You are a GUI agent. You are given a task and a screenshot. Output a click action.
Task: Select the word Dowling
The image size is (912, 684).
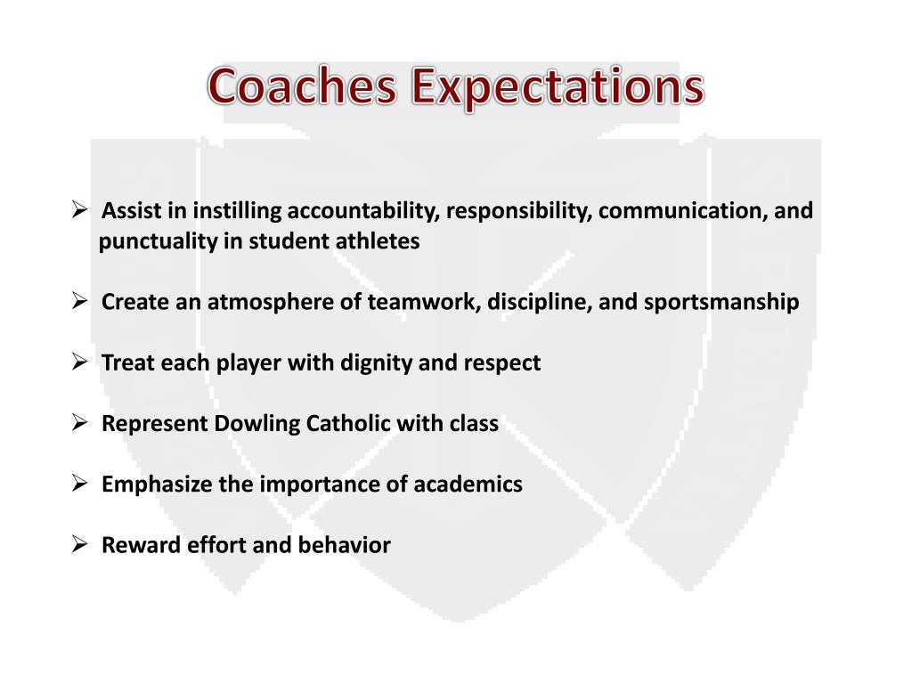[x=257, y=423]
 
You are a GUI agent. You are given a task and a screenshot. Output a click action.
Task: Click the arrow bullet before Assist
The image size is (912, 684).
[x=78, y=210]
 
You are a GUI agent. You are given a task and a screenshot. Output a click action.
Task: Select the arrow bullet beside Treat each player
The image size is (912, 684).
[x=78, y=362]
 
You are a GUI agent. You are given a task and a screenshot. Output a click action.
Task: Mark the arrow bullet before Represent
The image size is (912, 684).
[x=78, y=422]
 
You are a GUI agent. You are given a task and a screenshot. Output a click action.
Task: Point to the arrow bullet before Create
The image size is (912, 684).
[x=78, y=301]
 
